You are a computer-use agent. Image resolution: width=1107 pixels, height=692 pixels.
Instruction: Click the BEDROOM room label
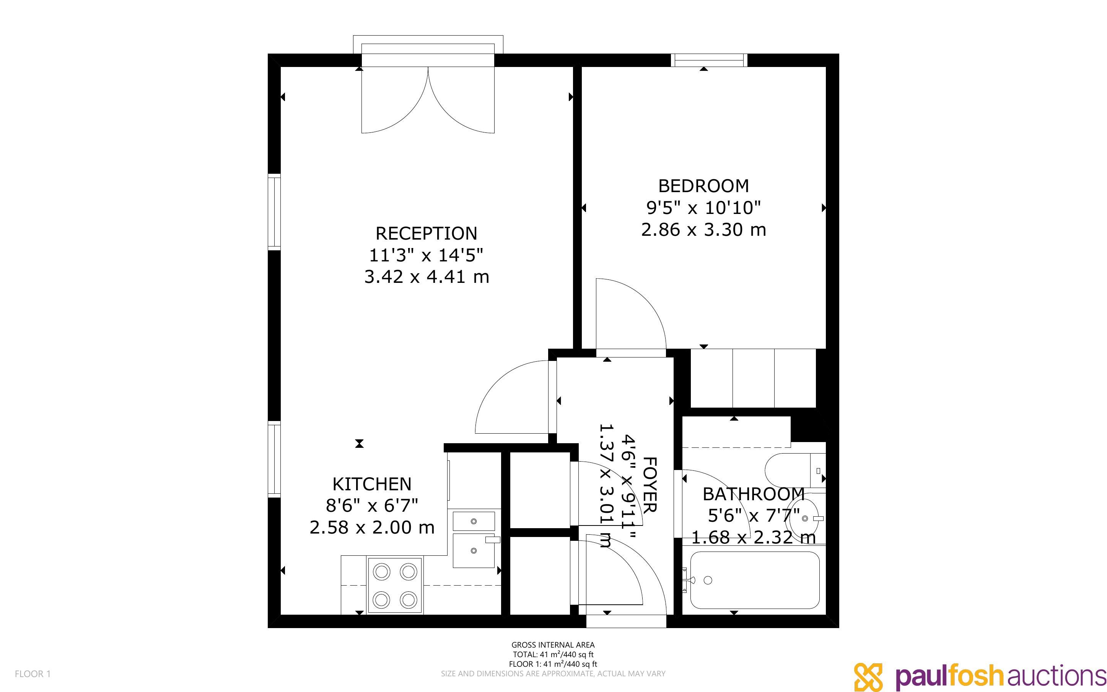tap(703, 186)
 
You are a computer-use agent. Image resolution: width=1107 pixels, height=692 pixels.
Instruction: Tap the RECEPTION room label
tap(426, 233)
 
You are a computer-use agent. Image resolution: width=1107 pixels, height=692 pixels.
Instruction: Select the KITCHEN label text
tap(372, 484)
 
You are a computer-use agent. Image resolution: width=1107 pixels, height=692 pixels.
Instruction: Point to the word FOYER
tap(650, 485)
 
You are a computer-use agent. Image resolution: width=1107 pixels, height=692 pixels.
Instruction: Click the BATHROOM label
tap(754, 494)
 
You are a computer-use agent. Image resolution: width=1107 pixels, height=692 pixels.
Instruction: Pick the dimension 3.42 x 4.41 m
tap(427, 276)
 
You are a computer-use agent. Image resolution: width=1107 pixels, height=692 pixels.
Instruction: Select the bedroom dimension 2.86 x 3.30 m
tap(703, 229)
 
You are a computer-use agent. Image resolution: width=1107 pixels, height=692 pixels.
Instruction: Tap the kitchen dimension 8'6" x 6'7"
tap(372, 505)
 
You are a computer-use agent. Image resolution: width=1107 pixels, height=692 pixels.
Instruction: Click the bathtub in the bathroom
tap(754, 580)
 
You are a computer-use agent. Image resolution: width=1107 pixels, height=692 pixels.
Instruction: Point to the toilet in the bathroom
tap(795, 470)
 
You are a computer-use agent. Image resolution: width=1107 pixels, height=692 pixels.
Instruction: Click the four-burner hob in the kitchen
tap(395, 585)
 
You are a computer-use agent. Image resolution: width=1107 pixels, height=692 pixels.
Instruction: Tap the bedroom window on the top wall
tap(709, 60)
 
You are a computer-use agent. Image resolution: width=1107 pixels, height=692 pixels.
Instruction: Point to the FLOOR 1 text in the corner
tap(33, 674)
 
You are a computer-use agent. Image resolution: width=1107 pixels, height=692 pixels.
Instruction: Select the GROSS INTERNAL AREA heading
tap(553, 645)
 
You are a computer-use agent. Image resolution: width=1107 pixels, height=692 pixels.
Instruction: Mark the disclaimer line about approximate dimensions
tap(553, 673)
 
